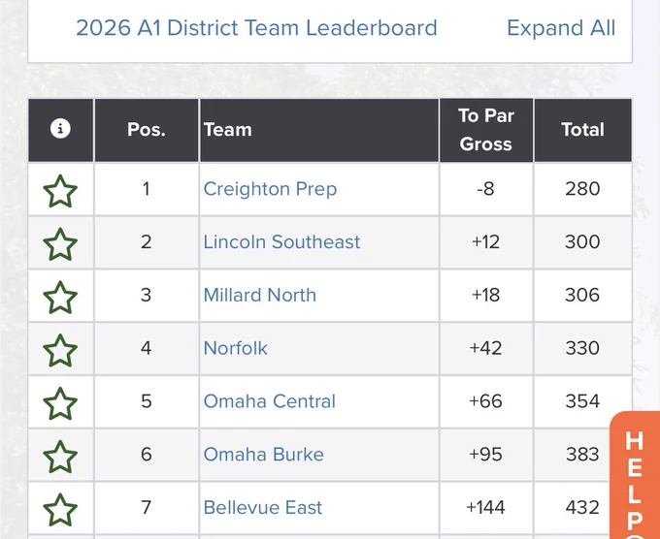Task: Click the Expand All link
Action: [x=561, y=28]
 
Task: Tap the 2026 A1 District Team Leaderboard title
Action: [x=256, y=28]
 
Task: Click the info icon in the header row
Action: [x=60, y=128]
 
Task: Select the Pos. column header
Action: [x=146, y=130]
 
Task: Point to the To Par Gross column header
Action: [x=485, y=130]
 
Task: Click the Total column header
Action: [x=582, y=130]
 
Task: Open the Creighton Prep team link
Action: [x=270, y=189]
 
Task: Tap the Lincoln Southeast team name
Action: [x=281, y=241]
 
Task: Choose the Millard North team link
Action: [x=260, y=295]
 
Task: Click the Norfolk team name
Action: [x=235, y=348]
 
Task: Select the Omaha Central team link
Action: [x=270, y=401]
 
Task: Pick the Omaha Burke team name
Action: [x=263, y=454]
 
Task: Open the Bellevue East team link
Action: [x=263, y=507]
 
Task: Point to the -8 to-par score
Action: [x=485, y=189]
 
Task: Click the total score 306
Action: [x=582, y=295]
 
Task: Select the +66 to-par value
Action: [x=485, y=401]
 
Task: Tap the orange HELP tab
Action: [x=635, y=475]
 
